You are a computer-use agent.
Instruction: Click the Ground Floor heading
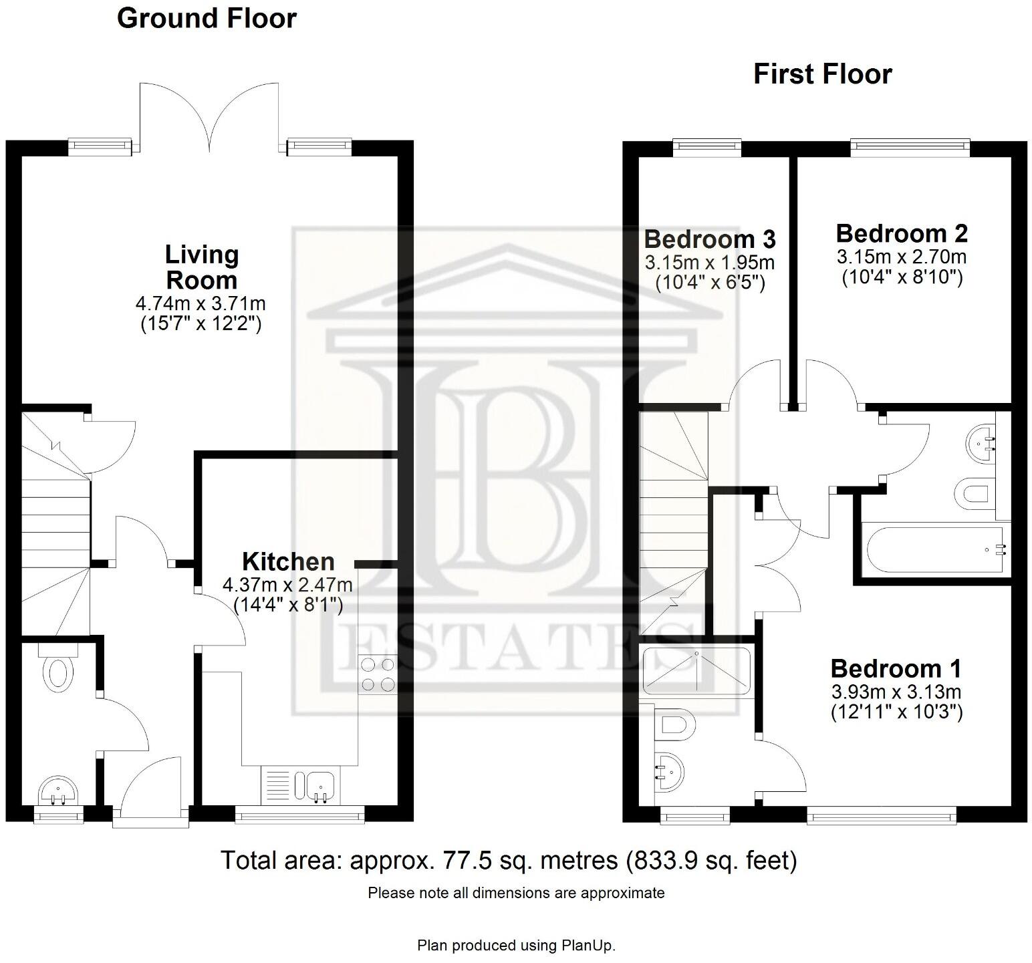207,19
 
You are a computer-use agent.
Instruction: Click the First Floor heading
822,74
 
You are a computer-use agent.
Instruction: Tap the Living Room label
201,267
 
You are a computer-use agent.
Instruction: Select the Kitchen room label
288,561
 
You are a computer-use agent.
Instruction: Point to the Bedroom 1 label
896,668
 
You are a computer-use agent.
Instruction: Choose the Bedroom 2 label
902,234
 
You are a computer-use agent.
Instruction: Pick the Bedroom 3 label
710,239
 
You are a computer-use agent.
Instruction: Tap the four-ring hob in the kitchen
377,674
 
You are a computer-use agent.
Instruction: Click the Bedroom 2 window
910,145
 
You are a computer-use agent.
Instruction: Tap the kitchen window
299,813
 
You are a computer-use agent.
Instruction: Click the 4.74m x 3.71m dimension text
201,304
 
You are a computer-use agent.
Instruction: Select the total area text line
509,861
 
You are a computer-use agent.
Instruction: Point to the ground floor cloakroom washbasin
59,793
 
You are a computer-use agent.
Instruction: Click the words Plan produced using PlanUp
516,946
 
